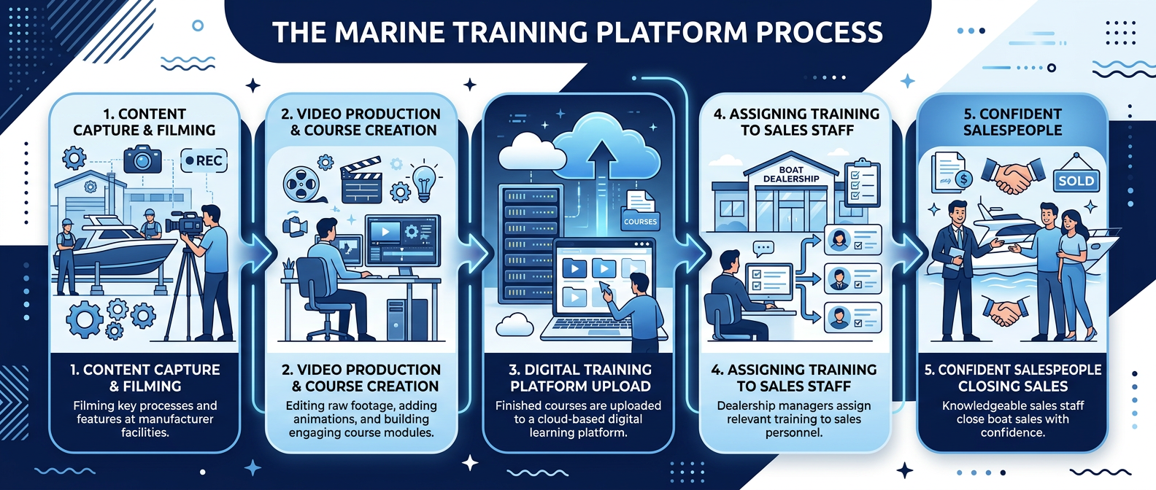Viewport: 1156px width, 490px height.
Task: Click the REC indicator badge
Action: coord(204,160)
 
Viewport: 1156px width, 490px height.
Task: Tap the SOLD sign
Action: coord(1076,180)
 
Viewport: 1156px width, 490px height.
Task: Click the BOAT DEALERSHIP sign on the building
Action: coord(791,174)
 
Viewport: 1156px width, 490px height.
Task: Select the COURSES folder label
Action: coord(640,221)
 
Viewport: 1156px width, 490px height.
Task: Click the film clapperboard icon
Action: coord(361,179)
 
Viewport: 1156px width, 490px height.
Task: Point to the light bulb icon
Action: coord(424,181)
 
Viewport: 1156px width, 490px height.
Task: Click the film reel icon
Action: coord(301,184)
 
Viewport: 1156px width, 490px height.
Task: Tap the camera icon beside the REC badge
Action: coord(142,159)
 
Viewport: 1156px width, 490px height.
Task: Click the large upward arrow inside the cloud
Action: coord(601,175)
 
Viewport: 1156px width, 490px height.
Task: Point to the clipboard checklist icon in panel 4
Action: coord(862,182)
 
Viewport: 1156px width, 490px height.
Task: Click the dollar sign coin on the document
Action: coord(963,179)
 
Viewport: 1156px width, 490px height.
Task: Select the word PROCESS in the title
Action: coord(819,33)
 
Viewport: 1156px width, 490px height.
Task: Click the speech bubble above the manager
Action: coord(763,249)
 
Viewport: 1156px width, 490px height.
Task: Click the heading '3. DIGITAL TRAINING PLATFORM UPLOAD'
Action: coord(580,378)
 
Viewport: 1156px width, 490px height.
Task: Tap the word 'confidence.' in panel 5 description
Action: coord(1012,432)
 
